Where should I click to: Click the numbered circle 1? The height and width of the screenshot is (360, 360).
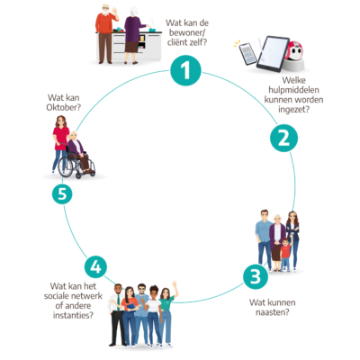pos(185,70)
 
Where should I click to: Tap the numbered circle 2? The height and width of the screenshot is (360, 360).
pos(283,139)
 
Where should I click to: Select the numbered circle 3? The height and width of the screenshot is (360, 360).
pos(256,276)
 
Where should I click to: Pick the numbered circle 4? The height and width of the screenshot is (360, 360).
pos(95,266)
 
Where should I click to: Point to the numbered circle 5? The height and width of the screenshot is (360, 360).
pos(62,193)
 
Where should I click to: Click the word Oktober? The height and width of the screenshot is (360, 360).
pos(63,107)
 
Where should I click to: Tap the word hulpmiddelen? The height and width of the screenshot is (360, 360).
pos(293,90)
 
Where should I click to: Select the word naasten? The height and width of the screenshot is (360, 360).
pos(272,312)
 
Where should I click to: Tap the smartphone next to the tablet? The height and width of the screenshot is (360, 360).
pos(247,54)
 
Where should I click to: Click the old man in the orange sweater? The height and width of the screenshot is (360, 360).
pos(105,33)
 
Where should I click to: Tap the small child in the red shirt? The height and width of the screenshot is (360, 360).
pos(286,254)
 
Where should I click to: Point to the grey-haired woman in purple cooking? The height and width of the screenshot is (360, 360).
pos(133,35)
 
